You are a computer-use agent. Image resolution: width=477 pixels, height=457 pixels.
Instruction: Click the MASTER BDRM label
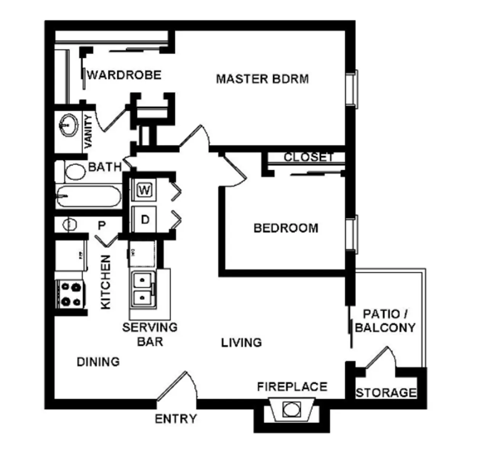(262, 79)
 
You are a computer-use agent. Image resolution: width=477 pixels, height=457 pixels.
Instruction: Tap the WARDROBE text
(124, 75)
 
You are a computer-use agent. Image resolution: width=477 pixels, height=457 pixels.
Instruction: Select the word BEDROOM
(286, 228)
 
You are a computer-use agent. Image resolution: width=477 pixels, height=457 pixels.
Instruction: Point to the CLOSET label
(309, 157)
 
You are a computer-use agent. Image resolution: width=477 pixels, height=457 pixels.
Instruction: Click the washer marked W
(144, 190)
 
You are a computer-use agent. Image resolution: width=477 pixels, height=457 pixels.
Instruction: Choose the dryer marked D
(144, 220)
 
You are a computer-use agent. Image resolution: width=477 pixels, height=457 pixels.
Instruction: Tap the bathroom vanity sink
(69, 125)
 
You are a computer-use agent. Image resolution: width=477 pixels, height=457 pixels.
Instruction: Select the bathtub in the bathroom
(88, 196)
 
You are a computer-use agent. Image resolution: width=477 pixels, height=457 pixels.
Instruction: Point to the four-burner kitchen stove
(71, 294)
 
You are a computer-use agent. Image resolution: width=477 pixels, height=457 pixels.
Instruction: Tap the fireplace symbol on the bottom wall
(291, 409)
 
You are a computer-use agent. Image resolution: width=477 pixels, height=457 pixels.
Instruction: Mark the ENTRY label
(176, 419)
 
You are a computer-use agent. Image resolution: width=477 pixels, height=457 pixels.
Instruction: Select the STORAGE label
(386, 393)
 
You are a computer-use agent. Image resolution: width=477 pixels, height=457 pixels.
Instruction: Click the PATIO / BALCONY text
(385, 321)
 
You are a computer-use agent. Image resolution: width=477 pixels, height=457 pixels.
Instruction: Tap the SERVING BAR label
(150, 334)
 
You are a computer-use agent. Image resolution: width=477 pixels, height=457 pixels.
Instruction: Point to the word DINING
(98, 361)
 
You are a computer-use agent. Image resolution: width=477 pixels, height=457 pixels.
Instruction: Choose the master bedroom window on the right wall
(352, 89)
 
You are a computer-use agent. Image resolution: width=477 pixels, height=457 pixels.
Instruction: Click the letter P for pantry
(101, 225)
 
